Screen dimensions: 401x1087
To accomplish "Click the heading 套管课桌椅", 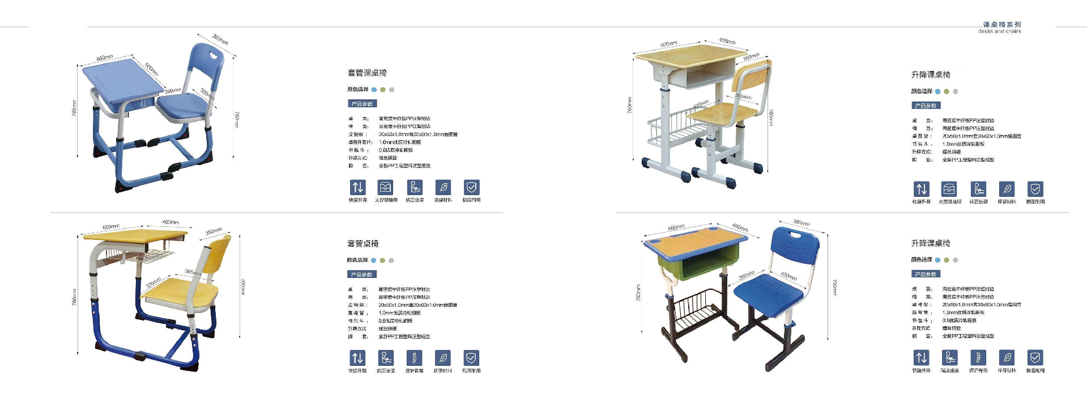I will [x=367, y=73].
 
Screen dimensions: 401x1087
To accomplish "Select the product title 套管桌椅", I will [x=363, y=244].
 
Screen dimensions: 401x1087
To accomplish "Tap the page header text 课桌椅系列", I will [x=1001, y=24].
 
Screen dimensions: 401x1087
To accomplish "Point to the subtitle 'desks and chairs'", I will [x=999, y=31].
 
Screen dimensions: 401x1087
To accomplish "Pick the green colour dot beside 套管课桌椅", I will [x=383, y=90].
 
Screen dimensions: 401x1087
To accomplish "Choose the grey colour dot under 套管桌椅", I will [x=391, y=260].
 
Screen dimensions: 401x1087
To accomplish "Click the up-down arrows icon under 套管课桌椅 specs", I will [x=357, y=187].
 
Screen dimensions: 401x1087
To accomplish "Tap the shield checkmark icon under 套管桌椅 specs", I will [x=471, y=358].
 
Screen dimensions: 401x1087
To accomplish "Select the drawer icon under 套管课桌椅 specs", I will [x=386, y=187].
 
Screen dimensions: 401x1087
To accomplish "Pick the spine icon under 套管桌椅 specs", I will [x=414, y=358].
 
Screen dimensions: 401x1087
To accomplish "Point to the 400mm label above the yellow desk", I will [x=170, y=222].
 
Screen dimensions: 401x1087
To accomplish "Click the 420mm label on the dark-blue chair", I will [x=788, y=276].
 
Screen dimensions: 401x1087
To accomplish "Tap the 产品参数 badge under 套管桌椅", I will [x=361, y=275].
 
